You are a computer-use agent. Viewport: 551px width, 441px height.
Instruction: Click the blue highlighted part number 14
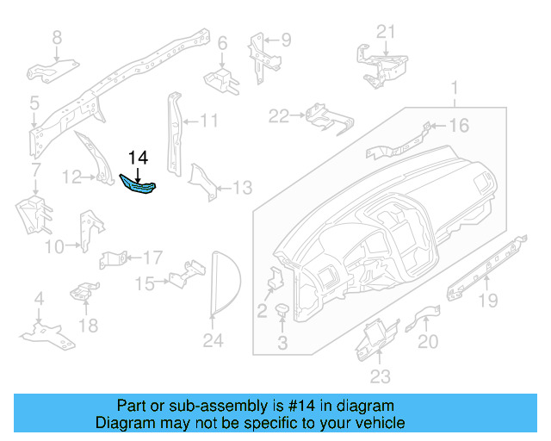coord(138,185)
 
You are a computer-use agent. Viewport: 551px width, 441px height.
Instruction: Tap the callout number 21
coord(386,32)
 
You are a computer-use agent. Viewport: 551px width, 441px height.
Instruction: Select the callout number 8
coord(57,37)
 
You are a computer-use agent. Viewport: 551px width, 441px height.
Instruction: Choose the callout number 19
coord(488,301)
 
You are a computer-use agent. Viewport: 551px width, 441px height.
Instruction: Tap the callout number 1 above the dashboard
coord(456,87)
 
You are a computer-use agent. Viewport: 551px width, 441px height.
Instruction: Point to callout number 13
coord(243,188)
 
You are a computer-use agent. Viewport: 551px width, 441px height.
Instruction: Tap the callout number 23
coord(380,376)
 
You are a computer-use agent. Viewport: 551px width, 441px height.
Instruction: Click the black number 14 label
coord(138,158)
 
